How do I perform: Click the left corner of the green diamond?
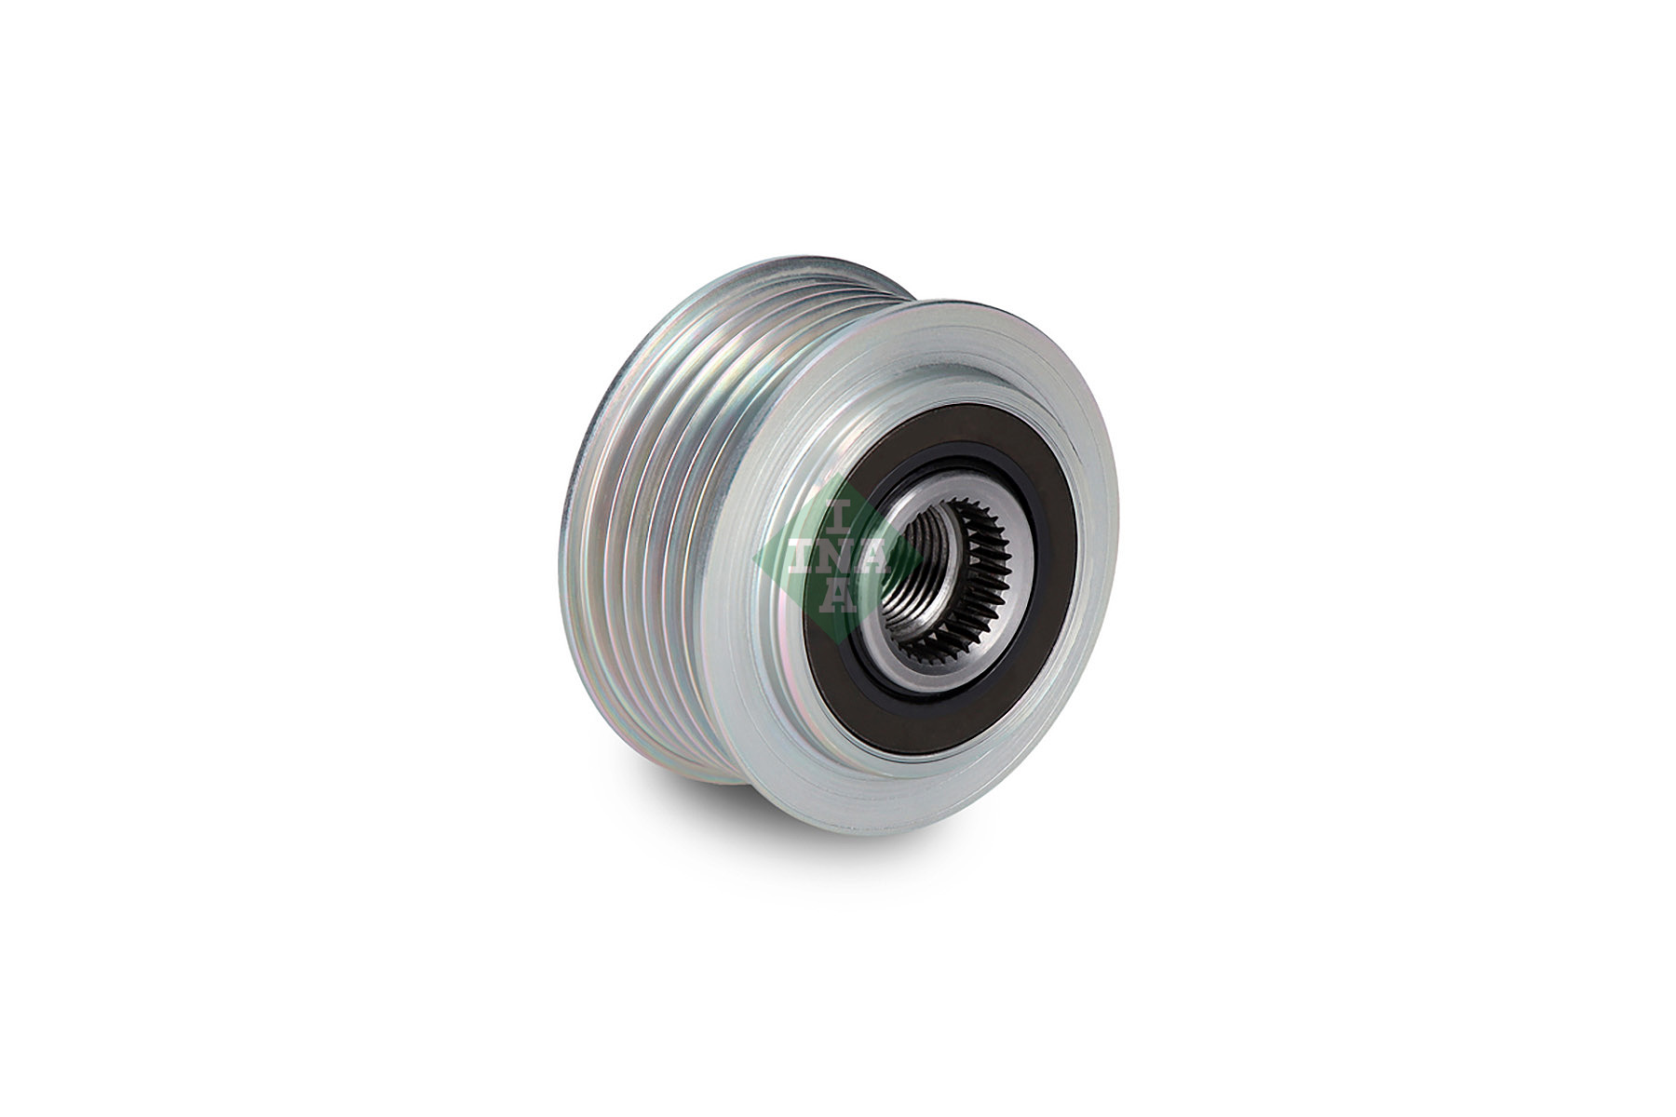[x=757, y=556]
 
